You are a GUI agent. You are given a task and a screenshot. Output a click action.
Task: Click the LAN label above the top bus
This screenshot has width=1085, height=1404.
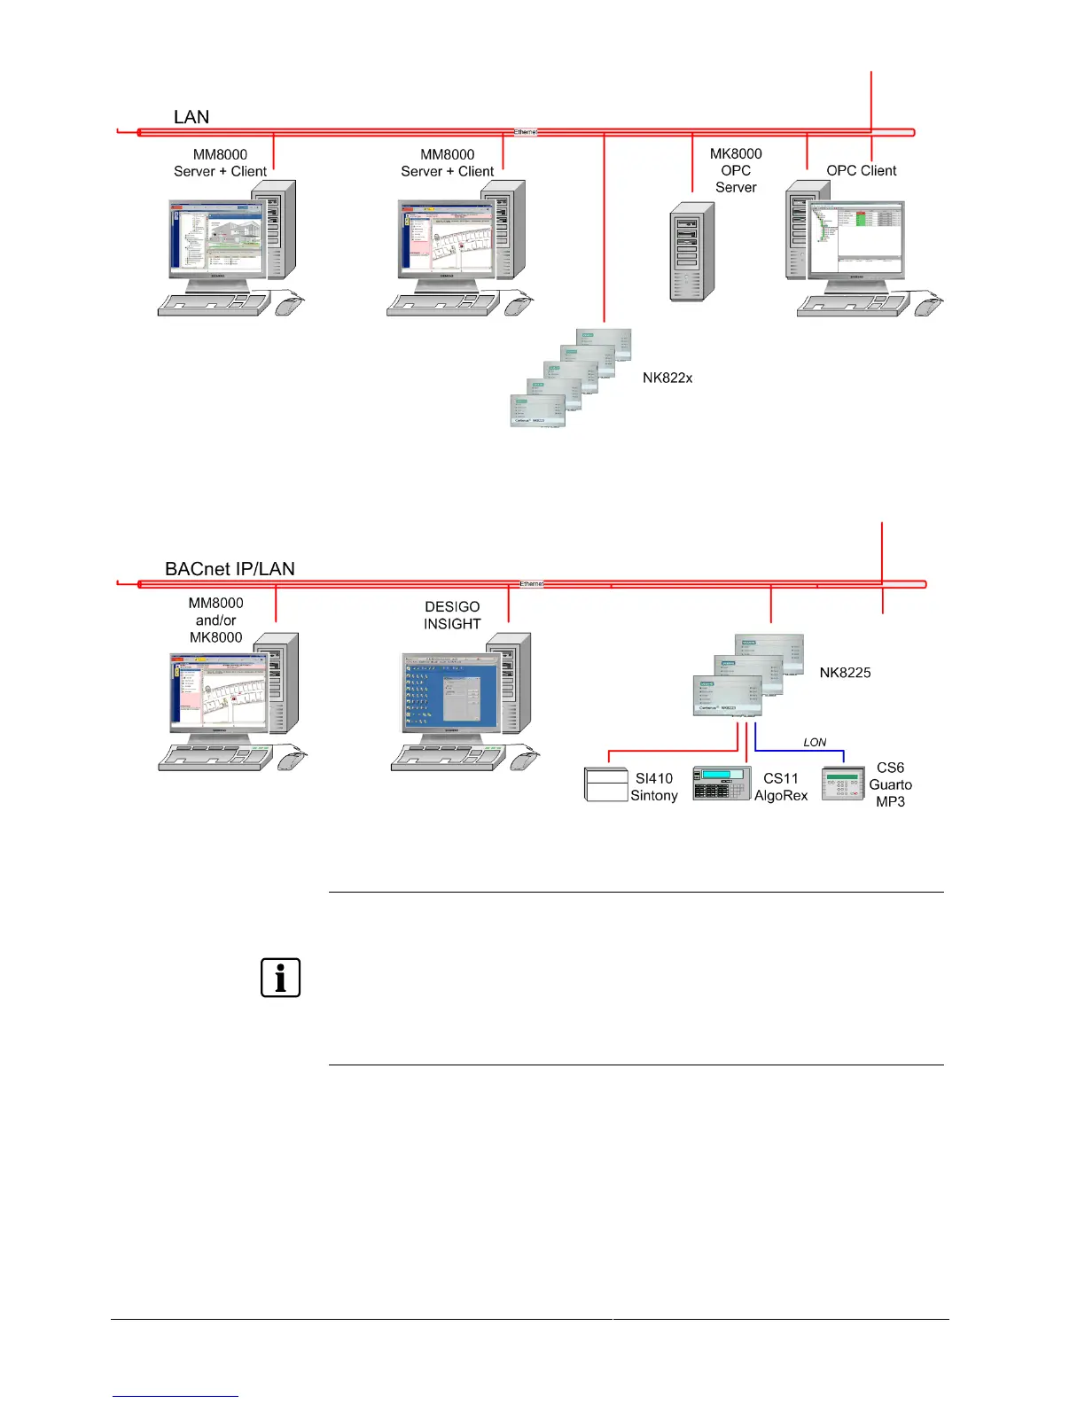(x=191, y=117)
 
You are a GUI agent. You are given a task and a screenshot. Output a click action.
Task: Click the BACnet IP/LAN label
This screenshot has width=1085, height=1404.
(x=230, y=569)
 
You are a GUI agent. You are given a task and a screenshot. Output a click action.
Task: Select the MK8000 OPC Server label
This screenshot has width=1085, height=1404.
(x=736, y=170)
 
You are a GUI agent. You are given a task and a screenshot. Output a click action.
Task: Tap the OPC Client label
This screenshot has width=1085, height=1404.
(x=861, y=170)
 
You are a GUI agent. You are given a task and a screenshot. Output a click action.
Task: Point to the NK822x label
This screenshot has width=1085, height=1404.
(x=667, y=378)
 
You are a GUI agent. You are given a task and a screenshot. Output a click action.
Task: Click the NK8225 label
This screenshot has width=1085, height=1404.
(x=845, y=673)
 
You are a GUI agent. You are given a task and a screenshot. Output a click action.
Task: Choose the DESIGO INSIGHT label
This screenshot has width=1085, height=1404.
(x=452, y=615)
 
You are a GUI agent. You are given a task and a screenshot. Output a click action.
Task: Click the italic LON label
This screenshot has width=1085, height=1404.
(x=815, y=743)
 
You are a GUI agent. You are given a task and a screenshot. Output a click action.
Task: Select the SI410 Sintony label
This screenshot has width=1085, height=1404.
(x=654, y=787)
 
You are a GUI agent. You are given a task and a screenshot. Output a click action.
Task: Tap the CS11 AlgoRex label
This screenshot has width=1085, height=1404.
(x=781, y=787)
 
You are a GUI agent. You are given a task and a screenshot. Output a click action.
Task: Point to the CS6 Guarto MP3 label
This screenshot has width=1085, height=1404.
(x=890, y=784)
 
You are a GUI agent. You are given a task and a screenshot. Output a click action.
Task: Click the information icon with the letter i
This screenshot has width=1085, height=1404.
(x=280, y=978)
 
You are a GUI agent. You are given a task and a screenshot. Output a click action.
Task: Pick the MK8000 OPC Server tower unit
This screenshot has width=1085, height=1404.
(x=691, y=252)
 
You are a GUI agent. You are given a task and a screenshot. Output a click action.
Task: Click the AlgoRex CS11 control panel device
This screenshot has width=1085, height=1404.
(x=721, y=783)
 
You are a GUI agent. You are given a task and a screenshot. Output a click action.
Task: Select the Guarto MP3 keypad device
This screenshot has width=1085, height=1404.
(x=842, y=784)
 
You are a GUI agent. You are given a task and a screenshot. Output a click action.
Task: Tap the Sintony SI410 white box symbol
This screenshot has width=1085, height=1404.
(x=606, y=784)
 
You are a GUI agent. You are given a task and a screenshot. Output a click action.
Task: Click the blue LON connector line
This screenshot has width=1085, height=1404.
(x=798, y=751)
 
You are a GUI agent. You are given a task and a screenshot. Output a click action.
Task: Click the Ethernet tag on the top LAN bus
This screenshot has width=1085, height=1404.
(x=526, y=132)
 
